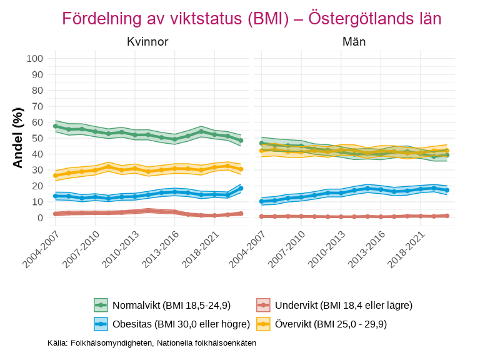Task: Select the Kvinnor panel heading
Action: point(147,42)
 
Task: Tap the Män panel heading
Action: point(354,42)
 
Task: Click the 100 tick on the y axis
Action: point(35,59)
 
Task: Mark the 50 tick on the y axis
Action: point(37,138)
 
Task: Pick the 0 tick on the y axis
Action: point(40,217)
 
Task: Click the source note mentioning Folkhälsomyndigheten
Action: point(152,343)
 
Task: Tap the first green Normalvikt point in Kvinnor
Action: point(56,126)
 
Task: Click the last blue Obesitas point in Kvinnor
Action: point(241,188)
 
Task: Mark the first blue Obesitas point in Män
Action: point(262,201)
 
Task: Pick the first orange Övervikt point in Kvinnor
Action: point(56,176)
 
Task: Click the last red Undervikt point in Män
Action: point(447,216)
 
